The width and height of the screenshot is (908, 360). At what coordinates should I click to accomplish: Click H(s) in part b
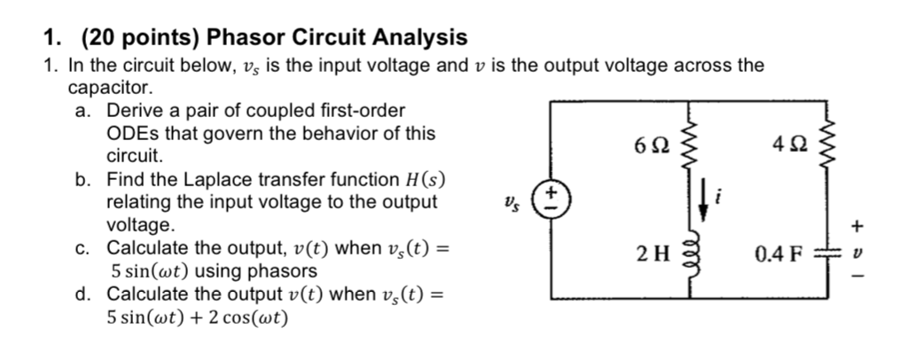pyautogui.click(x=425, y=180)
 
